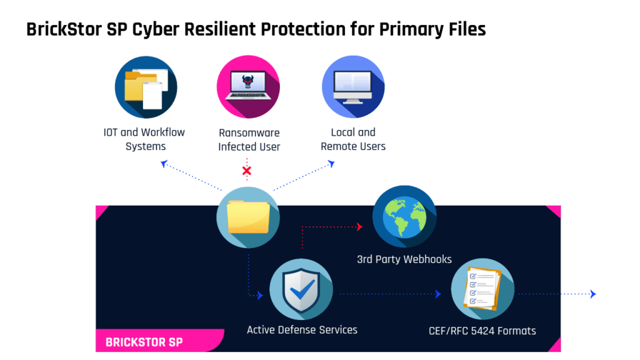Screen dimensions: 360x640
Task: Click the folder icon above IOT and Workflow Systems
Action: (x=146, y=87)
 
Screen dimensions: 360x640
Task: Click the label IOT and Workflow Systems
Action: (x=144, y=139)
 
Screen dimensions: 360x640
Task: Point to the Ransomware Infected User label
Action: (x=249, y=139)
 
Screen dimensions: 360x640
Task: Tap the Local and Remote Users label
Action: (x=353, y=139)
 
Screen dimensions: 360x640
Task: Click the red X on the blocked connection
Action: (x=247, y=171)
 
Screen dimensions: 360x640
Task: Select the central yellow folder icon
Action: (x=248, y=217)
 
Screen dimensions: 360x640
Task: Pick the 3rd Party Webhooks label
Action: (x=404, y=259)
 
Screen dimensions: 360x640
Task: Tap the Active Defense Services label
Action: (x=302, y=329)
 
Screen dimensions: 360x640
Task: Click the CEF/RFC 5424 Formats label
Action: (x=482, y=331)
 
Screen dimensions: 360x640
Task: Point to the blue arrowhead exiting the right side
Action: (x=593, y=294)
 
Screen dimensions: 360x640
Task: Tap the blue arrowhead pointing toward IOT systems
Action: (x=164, y=164)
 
